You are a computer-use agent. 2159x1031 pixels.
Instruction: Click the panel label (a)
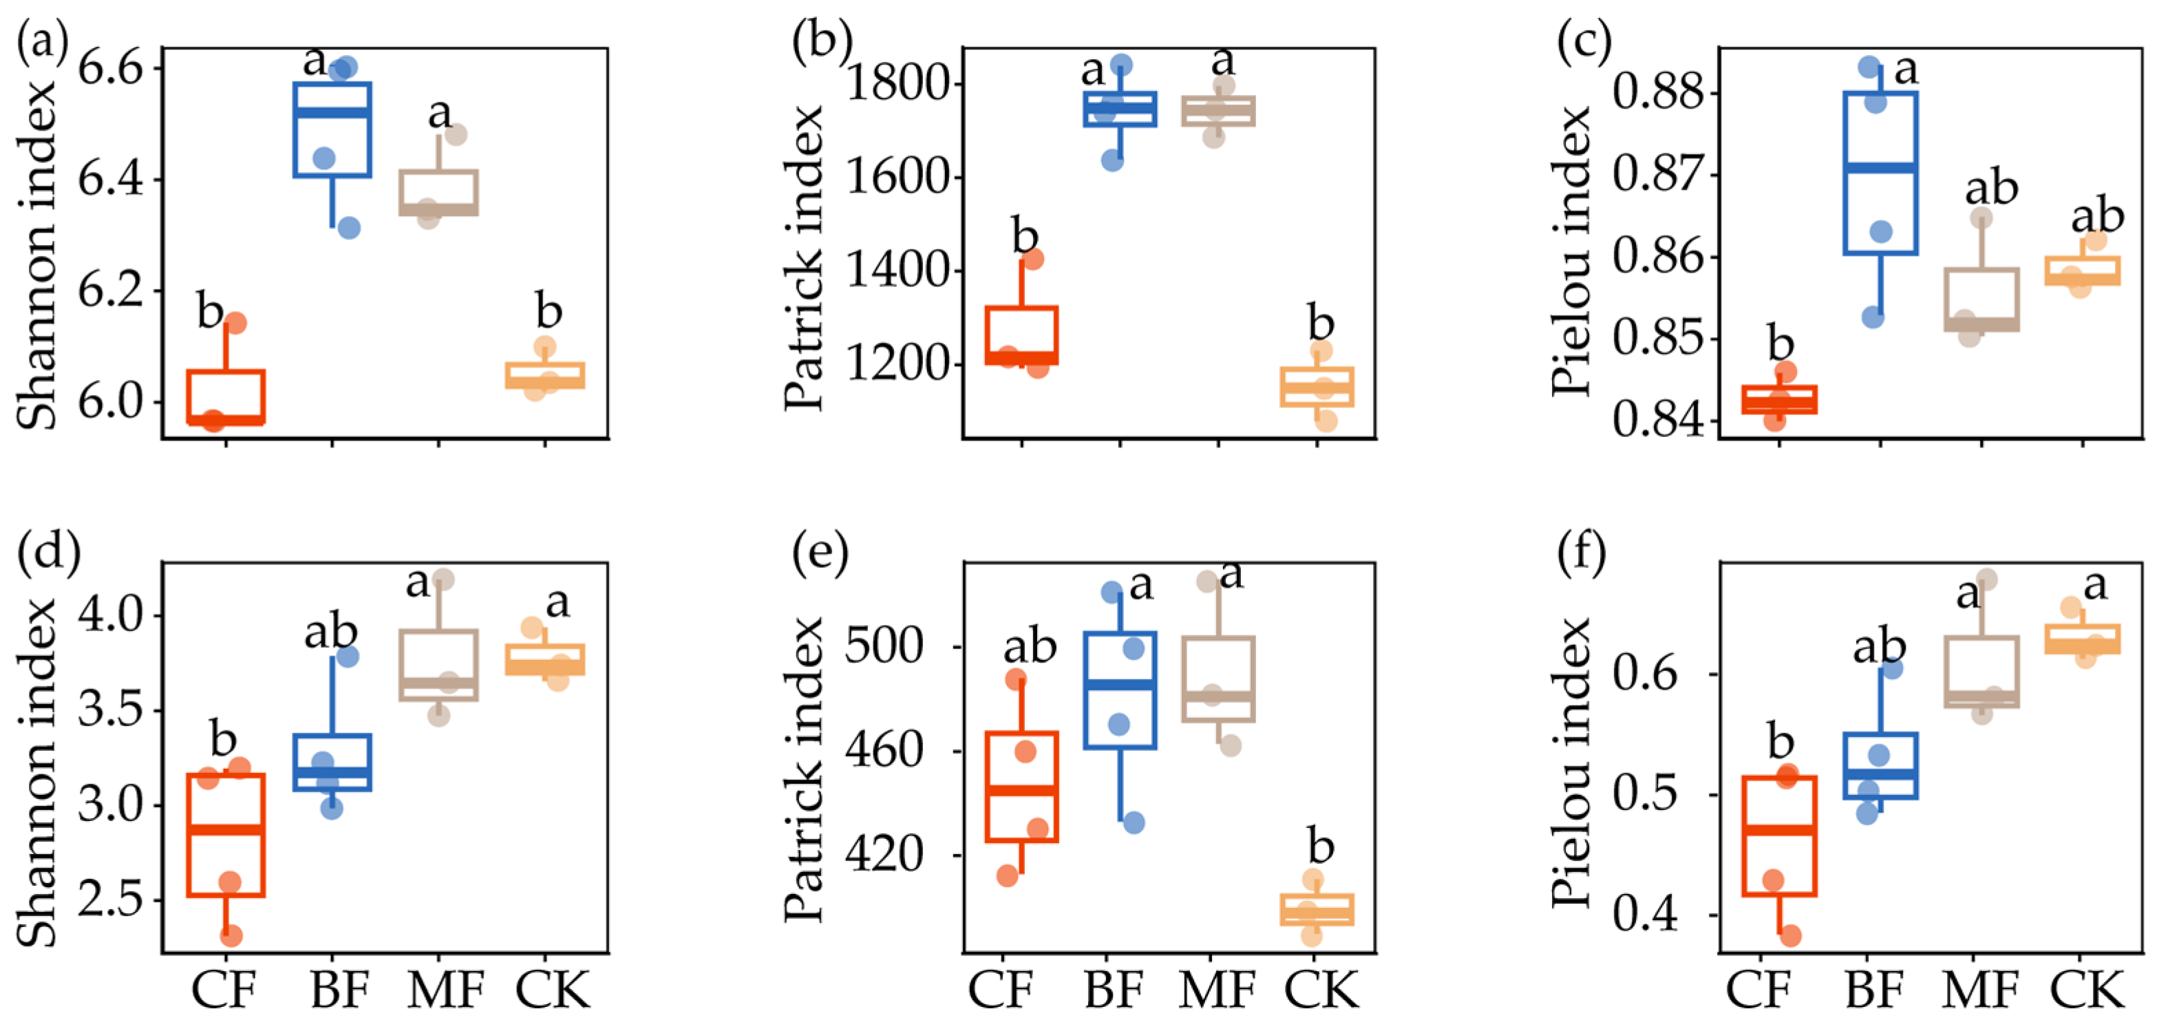click(42, 42)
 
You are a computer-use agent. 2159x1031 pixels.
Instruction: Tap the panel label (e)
click(820, 554)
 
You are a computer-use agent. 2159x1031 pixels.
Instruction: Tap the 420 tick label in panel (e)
click(884, 855)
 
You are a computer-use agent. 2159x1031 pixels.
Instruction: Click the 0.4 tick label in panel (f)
click(1646, 915)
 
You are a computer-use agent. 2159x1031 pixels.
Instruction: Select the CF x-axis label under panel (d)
click(223, 991)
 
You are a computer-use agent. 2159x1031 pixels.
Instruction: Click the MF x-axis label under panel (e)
click(1217, 991)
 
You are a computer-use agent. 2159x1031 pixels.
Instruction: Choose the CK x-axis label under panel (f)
click(2087, 991)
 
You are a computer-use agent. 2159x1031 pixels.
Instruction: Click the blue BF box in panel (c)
click(1881, 173)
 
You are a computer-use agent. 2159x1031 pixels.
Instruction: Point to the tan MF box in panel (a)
click(438, 193)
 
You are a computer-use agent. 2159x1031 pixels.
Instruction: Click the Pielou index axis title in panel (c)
click(1571, 251)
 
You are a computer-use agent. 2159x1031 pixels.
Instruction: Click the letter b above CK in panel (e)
click(1320, 847)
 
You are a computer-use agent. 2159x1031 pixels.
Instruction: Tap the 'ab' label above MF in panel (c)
click(1991, 189)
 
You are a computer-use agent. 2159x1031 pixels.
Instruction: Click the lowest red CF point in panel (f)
click(1789, 935)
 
